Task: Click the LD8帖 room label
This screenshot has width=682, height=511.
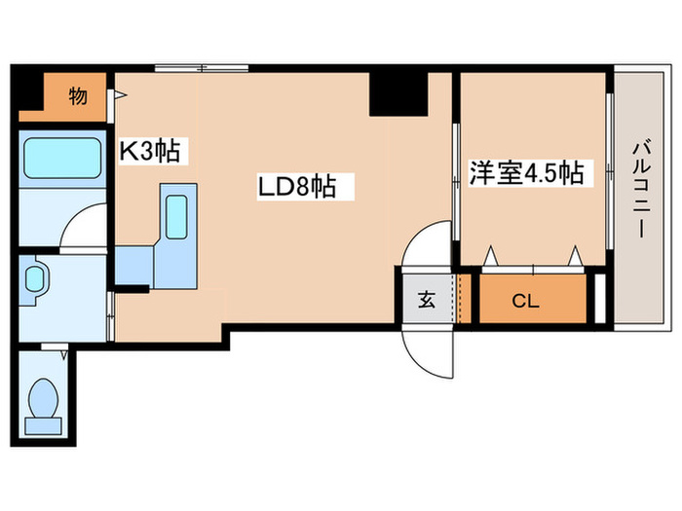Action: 296,186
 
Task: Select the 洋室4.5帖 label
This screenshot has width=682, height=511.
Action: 526,173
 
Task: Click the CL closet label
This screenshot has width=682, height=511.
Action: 525,301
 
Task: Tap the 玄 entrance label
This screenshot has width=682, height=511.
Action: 427,301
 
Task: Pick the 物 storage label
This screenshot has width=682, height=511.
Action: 79,95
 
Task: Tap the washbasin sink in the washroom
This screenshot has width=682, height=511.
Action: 36,280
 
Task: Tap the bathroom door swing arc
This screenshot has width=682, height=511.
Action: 84,230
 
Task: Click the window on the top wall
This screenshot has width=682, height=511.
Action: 202,68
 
